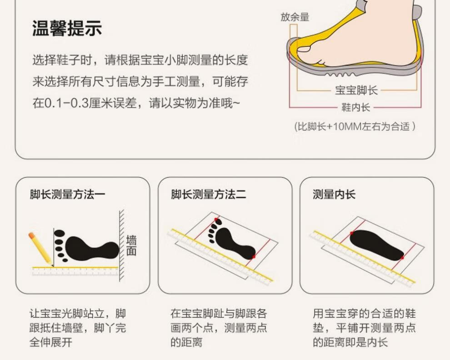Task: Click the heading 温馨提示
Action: (67, 28)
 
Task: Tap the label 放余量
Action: (295, 17)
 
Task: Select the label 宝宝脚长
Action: (356, 90)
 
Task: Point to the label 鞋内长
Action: (355, 107)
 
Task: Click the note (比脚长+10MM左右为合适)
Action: (355, 126)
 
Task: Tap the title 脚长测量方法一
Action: (67, 195)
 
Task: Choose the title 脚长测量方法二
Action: (209, 195)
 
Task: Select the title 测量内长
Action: (334, 195)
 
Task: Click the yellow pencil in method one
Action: (41, 249)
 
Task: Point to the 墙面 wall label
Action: (131, 245)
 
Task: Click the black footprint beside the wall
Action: (86, 247)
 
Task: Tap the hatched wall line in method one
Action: (122, 245)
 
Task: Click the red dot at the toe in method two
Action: (216, 220)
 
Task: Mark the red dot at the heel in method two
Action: (254, 256)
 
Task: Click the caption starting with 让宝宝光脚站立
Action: (78, 328)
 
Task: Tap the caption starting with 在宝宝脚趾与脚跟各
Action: (219, 328)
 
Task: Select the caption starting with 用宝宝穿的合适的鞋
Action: (364, 328)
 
